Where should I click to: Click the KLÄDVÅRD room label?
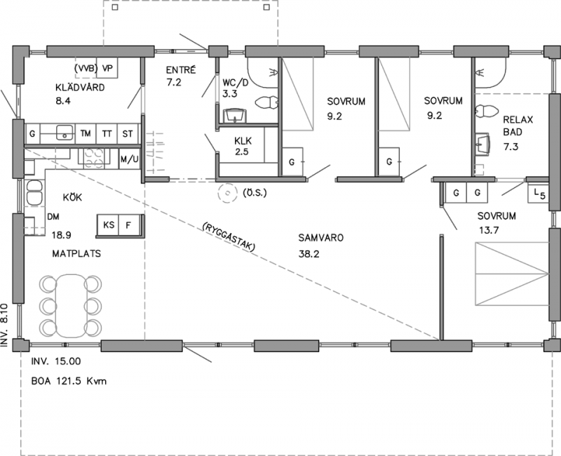(x=80, y=87)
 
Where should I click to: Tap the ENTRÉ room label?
(x=181, y=69)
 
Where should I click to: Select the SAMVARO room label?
(x=321, y=238)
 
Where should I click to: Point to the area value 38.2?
(x=309, y=254)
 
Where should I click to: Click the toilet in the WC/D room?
(x=266, y=102)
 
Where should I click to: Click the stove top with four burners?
(x=94, y=158)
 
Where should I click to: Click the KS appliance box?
(x=109, y=225)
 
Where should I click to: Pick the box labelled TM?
(x=86, y=134)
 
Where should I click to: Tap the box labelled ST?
(x=128, y=134)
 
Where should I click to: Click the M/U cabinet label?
(x=129, y=159)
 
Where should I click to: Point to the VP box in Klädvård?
(x=107, y=67)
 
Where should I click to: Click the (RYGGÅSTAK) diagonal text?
(x=229, y=237)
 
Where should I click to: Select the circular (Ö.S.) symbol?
(x=227, y=194)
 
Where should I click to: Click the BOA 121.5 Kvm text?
(x=69, y=381)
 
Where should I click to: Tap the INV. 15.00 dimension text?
(x=56, y=361)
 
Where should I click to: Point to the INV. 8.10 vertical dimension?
(x=4, y=325)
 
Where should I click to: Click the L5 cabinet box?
(x=539, y=194)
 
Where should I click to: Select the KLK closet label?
(x=242, y=145)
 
